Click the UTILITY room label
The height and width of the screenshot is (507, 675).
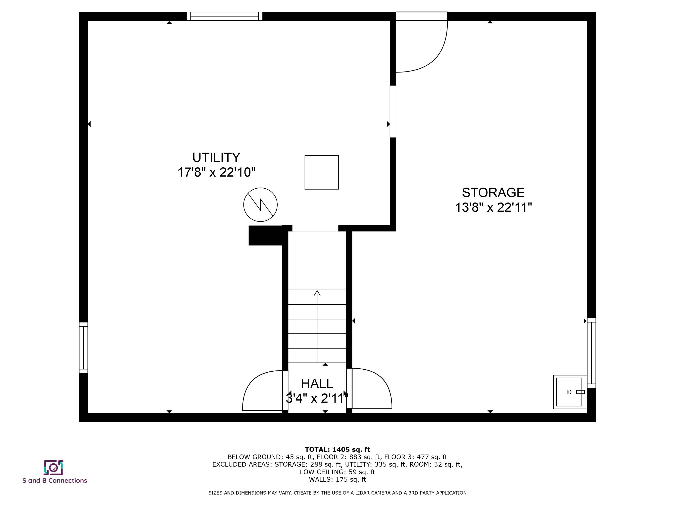click(216, 157)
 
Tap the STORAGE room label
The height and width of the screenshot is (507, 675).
click(493, 192)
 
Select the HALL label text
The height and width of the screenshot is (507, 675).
click(317, 384)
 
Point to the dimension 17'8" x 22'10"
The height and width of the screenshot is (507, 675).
click(216, 172)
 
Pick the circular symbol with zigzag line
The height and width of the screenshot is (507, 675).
click(260, 205)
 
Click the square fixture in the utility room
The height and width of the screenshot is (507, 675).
click(322, 172)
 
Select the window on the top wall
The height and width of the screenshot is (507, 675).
click(224, 16)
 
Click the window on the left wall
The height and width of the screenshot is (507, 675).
click(83, 348)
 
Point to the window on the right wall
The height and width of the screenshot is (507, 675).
click(591, 353)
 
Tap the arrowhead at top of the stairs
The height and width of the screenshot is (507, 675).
click(317, 293)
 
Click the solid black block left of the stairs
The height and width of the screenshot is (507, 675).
click(265, 235)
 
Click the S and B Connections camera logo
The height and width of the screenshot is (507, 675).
click(53, 467)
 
